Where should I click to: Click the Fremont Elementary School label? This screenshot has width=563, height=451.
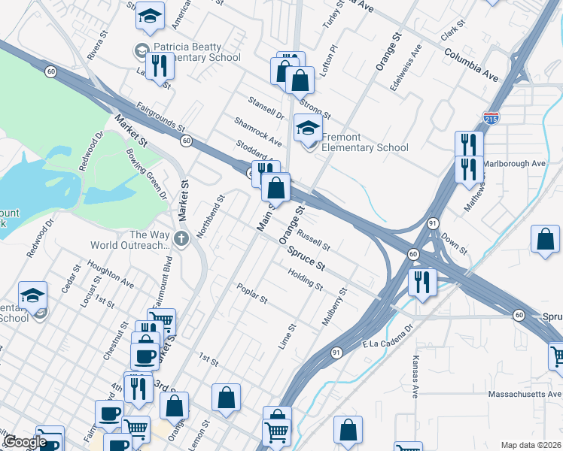(364, 143)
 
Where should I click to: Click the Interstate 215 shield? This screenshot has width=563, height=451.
(490, 119)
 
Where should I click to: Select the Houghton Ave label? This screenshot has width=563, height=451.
(110, 271)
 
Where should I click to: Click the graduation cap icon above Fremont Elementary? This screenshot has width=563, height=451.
(308, 127)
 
